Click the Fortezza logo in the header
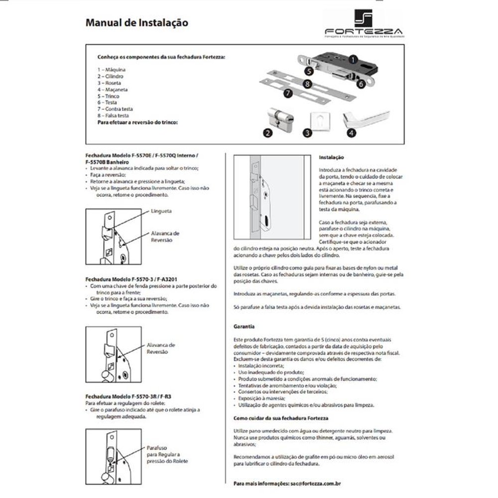point(371,24)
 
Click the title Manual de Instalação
point(137,22)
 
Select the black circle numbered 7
point(287,93)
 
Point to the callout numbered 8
point(309,85)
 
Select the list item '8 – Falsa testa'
point(114,116)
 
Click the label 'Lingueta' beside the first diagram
point(161,211)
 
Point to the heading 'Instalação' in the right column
point(331,157)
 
